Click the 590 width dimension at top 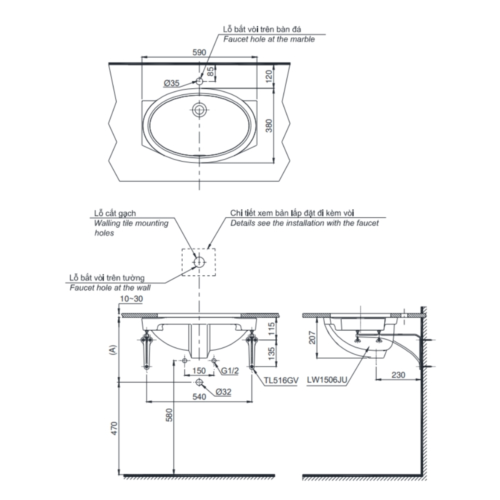click(199, 51)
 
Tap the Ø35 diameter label click(171, 83)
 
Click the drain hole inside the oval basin click(199, 110)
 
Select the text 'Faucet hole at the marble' click(269, 39)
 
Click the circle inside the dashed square click(199, 261)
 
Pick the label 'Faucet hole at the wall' click(110, 287)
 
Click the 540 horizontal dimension click(199, 396)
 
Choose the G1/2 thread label click(230, 371)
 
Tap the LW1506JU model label click(328, 380)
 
